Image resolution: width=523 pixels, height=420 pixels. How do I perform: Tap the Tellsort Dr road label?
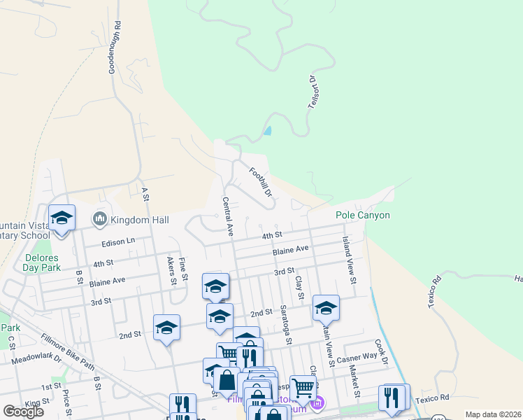pos(313,92)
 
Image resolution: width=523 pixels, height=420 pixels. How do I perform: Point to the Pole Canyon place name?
pos(362,216)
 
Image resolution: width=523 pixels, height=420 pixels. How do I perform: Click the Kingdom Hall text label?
pos(140,220)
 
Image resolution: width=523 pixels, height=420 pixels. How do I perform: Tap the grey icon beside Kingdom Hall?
pos(99,220)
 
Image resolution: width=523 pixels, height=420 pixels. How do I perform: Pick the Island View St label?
pos(348,259)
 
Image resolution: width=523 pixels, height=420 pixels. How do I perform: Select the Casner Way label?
pos(357,357)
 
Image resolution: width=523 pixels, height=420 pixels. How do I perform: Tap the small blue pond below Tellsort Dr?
pos(268,130)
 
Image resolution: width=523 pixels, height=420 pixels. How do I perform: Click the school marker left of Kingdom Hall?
pos(62,218)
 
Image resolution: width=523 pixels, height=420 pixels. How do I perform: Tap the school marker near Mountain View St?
pos(326,307)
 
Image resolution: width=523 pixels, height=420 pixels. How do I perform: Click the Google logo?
pos(23,411)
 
